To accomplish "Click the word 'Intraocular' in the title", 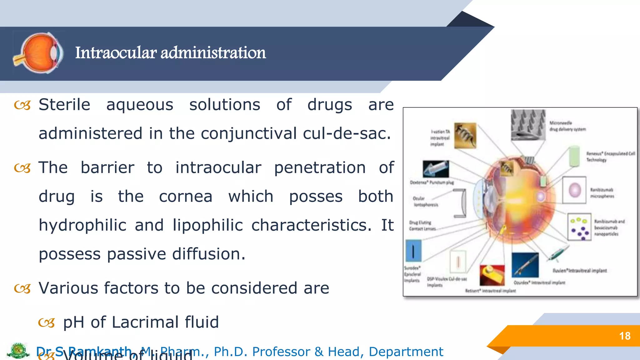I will point(116,52).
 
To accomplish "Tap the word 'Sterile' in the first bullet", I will point(64,104).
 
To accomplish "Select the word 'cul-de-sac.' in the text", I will point(347,133).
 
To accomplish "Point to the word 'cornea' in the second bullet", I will point(186,197).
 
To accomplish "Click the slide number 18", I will point(625,336).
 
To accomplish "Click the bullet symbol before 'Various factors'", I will point(22,289).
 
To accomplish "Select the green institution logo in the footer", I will point(18,351).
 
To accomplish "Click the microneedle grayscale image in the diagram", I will point(528,124).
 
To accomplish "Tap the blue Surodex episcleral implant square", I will point(413,251).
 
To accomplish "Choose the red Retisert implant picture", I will point(492,275).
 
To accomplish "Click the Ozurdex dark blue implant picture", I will point(525,265).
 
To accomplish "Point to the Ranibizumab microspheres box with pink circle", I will point(574,190).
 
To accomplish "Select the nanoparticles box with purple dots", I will point(579,227).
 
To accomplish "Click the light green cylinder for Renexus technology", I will point(574,156).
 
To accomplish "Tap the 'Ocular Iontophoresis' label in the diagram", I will point(425,202).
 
